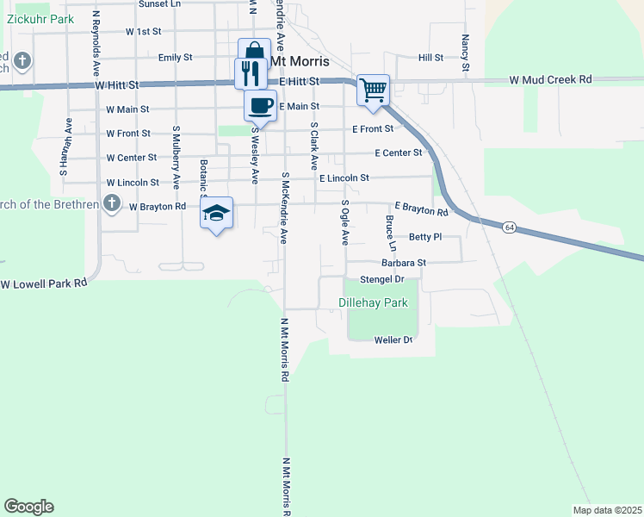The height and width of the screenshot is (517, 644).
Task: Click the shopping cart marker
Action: (374, 89)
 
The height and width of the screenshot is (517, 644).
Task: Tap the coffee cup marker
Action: (261, 105)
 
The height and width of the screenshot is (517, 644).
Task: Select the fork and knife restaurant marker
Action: (249, 72)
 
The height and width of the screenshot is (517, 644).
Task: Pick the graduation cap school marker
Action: (217, 212)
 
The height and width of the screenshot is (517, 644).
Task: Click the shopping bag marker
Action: (255, 53)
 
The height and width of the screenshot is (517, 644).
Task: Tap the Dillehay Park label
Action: (372, 303)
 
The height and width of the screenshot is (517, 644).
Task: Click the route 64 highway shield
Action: (510, 227)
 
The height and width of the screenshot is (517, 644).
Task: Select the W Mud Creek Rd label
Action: (550, 79)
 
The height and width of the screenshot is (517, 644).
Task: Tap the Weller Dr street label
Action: (393, 340)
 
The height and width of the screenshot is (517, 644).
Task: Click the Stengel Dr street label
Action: (381, 279)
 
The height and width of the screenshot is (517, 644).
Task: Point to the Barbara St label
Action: (405, 263)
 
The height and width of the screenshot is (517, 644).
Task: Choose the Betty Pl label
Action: (424, 236)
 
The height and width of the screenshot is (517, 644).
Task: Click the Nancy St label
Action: (465, 53)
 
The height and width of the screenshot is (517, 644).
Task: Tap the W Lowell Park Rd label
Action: (43, 283)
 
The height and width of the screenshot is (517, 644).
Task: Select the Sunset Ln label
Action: (160, 4)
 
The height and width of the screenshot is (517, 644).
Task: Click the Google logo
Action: (28, 507)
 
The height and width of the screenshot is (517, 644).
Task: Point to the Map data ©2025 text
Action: (606, 510)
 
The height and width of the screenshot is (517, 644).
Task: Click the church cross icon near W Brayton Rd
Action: (111, 204)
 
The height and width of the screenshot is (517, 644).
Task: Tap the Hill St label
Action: (430, 58)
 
